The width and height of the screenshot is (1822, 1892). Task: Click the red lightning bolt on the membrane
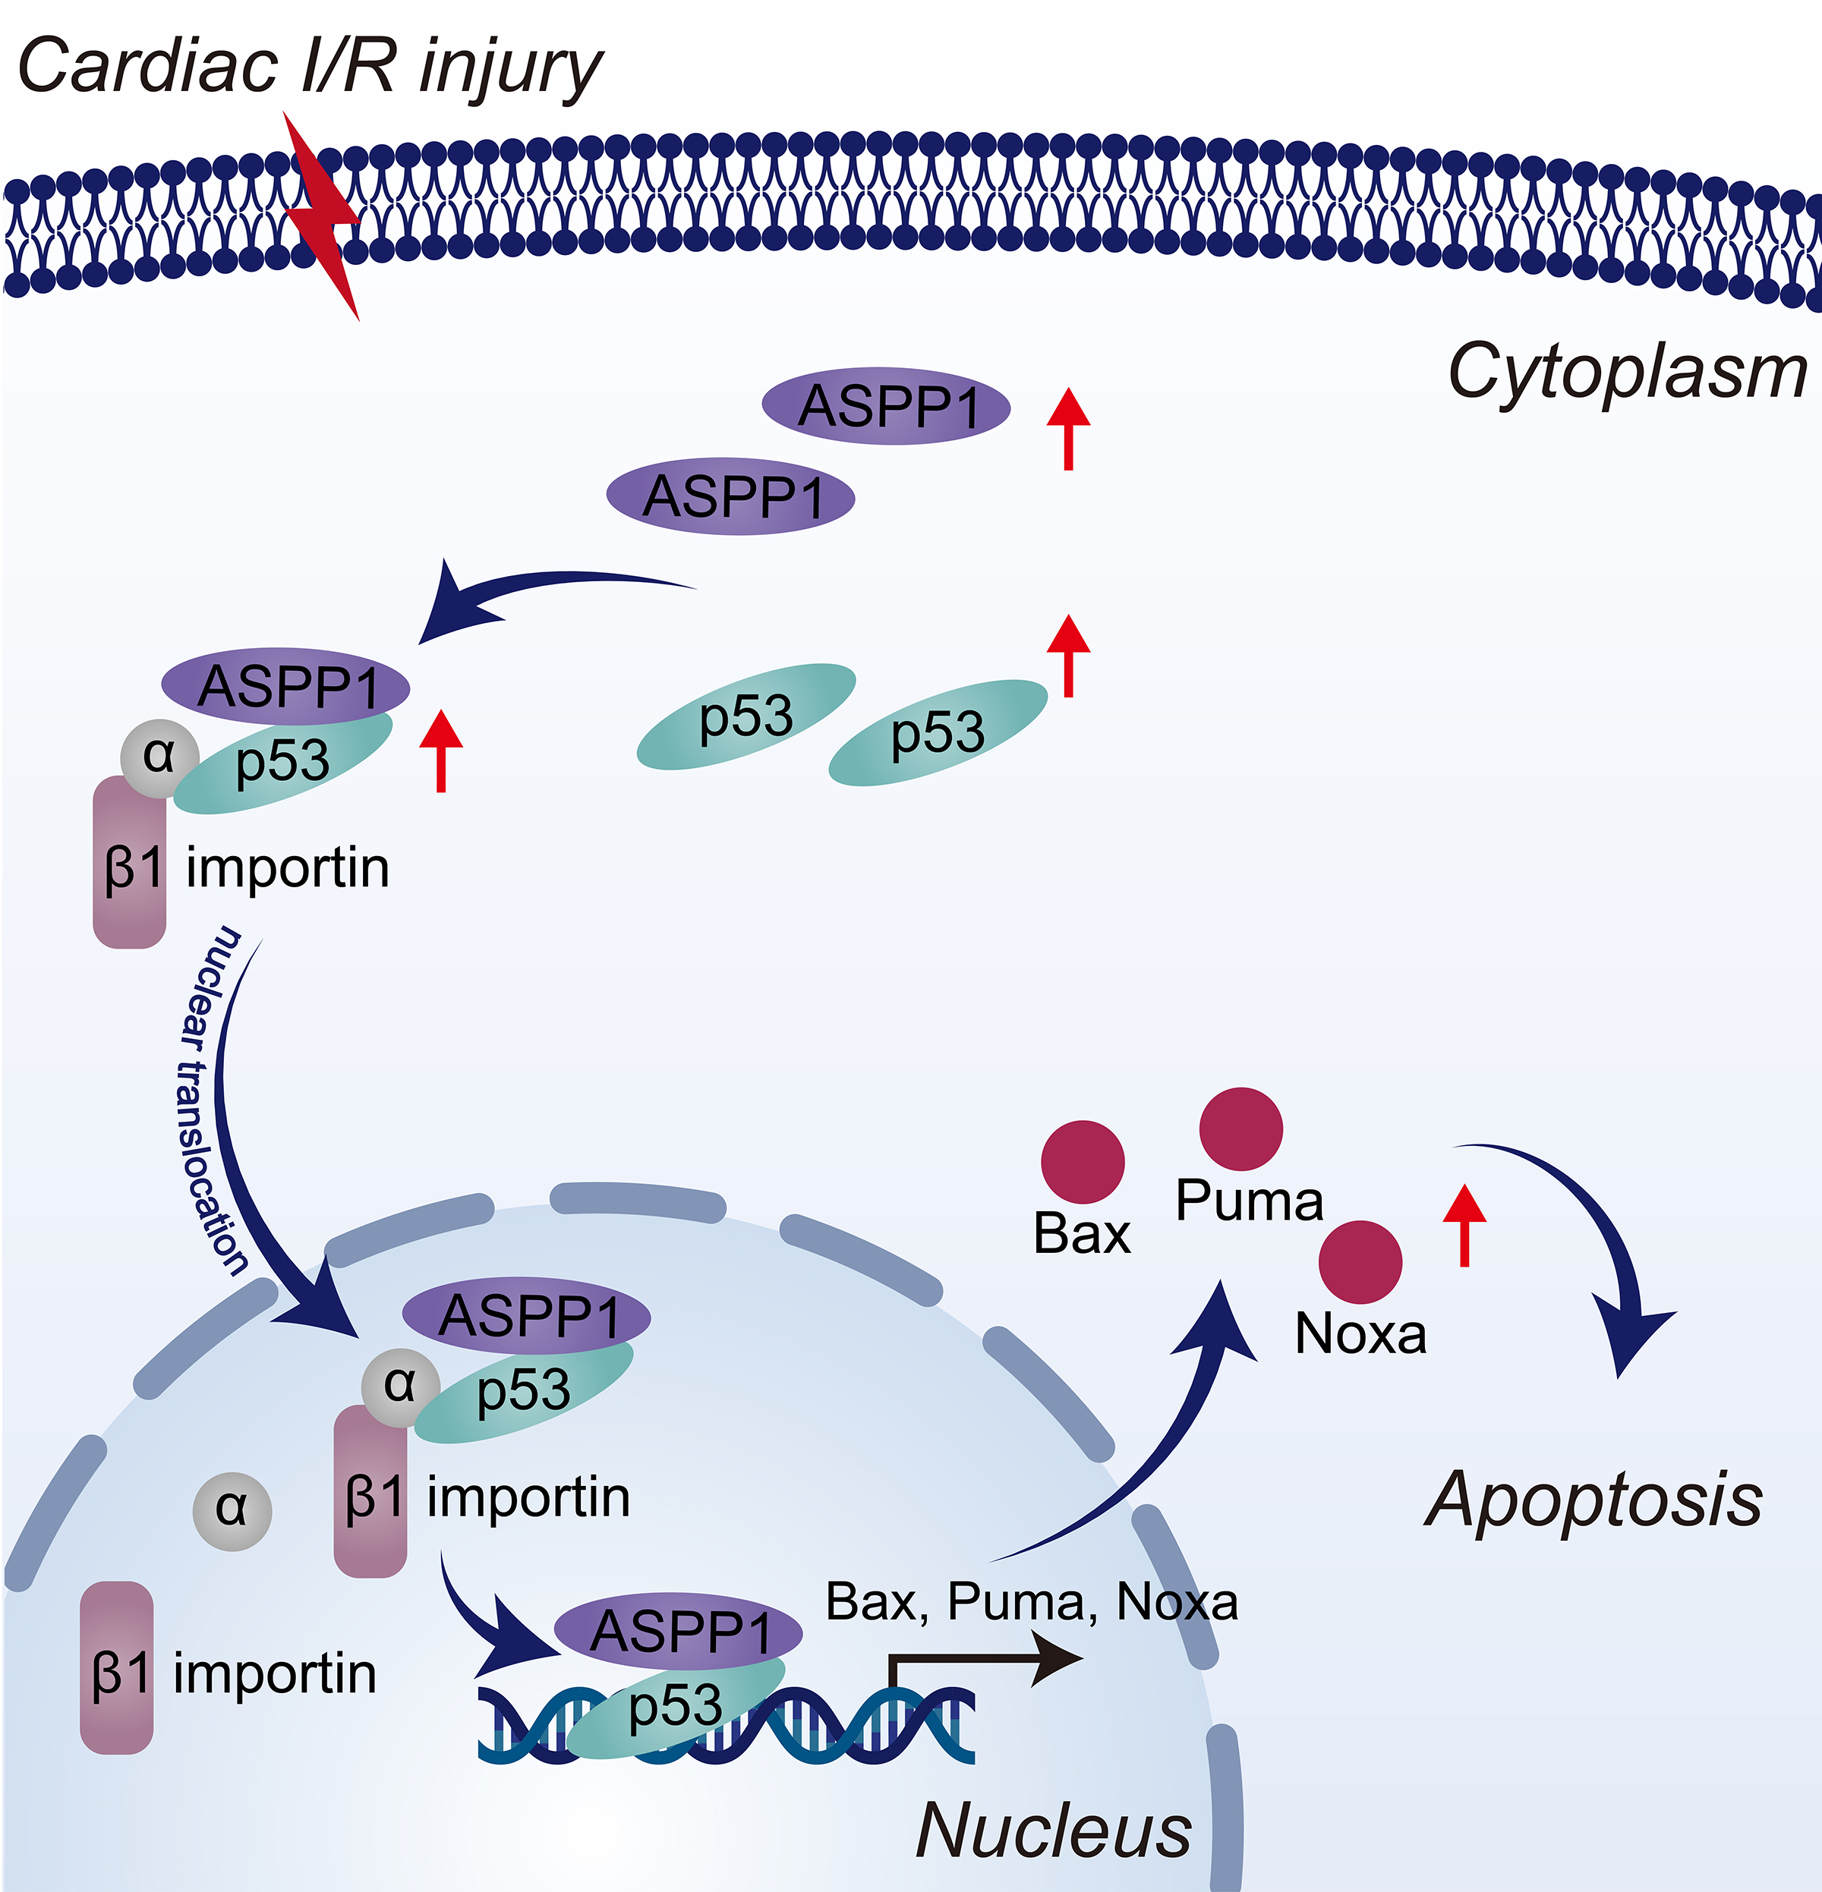pos(323,217)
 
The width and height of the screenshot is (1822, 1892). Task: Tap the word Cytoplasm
pos(1627,372)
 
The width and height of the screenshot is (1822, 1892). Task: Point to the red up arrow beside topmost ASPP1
pos(1069,429)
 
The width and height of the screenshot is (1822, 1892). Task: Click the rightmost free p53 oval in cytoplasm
pos(938,732)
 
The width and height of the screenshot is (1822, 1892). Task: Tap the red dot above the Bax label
pos(1083,1161)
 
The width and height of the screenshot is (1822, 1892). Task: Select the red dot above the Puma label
pos(1240,1129)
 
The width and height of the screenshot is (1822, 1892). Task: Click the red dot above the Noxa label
pos(1360,1261)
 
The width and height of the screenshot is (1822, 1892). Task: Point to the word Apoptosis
pos(1594,1499)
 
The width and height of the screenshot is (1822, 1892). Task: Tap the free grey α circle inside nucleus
pos(232,1511)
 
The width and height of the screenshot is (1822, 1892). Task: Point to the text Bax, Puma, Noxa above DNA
pos(1031,1601)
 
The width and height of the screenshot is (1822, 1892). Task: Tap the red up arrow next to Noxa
pos(1464,1224)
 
